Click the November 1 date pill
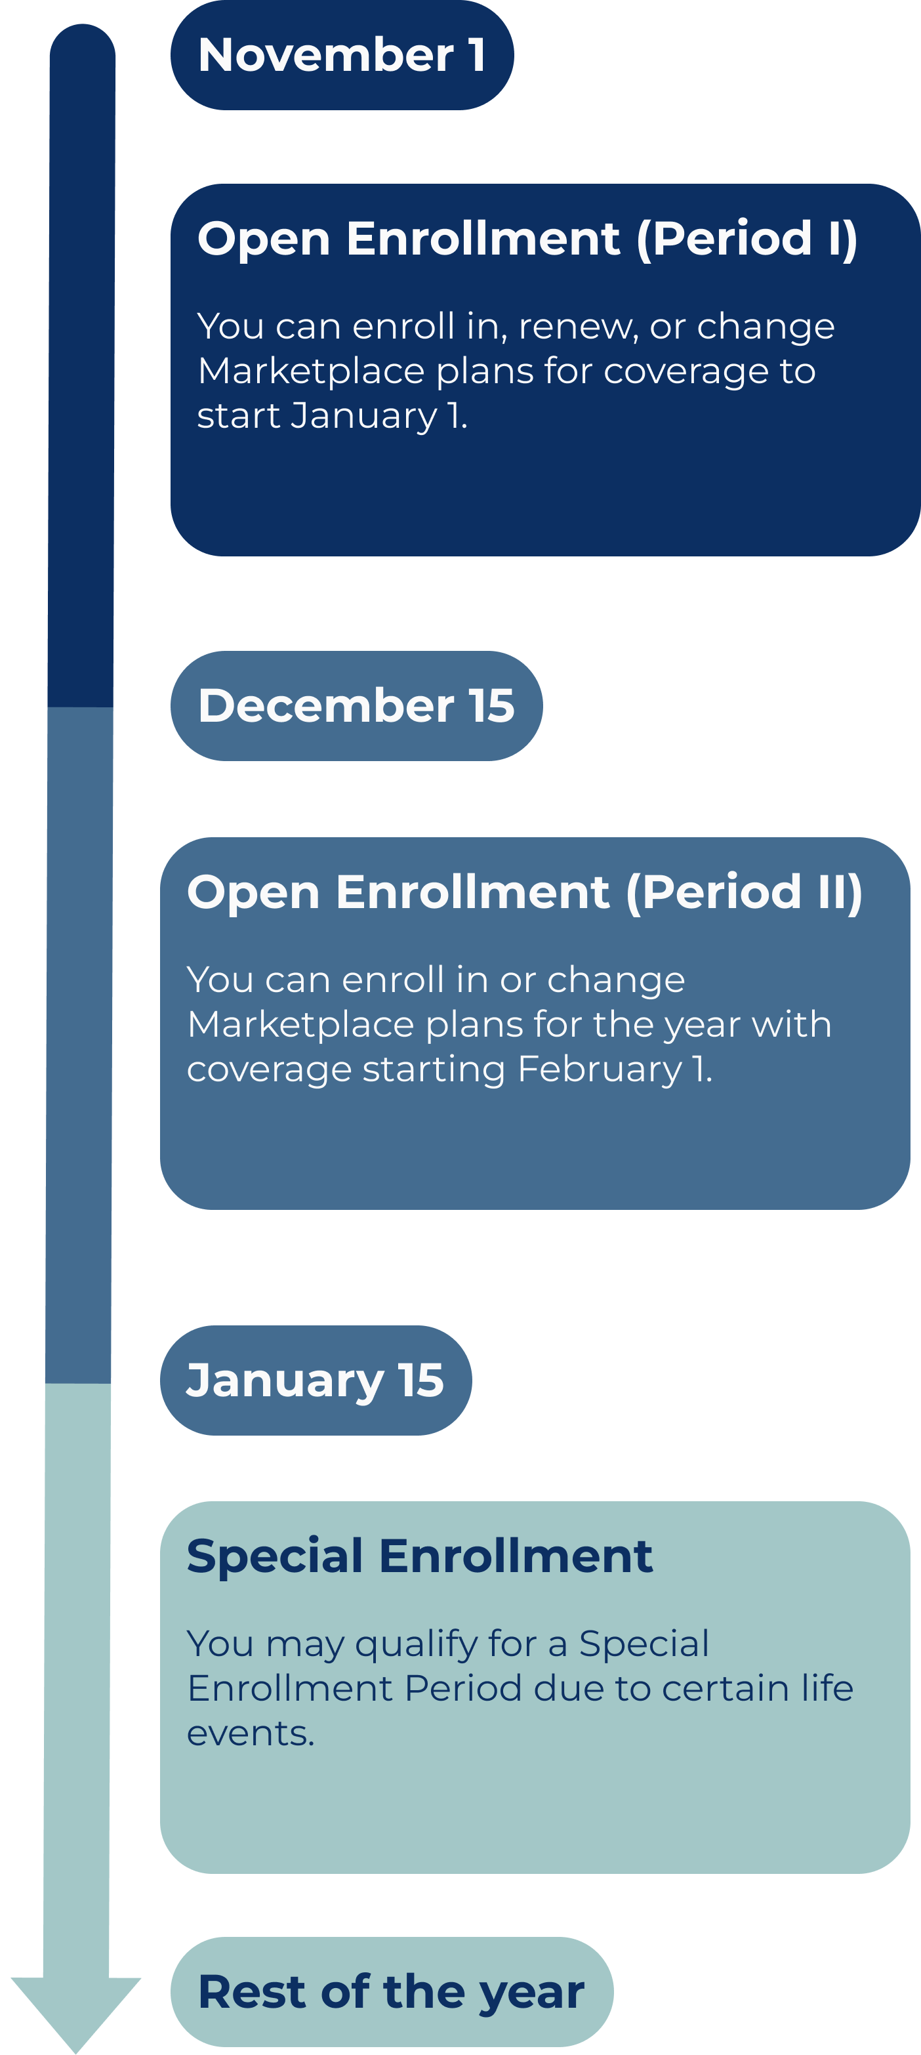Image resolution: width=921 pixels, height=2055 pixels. point(342,55)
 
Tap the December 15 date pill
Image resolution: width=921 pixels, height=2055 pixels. point(356,706)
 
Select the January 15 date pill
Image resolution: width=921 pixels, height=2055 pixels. point(316,1380)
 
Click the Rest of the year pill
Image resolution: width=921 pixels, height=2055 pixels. point(392,1991)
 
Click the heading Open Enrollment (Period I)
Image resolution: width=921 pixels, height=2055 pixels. point(527,239)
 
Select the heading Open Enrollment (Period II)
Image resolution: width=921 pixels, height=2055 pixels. point(525,892)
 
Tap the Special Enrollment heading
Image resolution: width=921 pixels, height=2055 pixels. point(419,1556)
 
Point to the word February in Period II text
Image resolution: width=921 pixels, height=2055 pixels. point(600,1069)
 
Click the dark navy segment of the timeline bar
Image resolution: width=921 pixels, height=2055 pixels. point(81,365)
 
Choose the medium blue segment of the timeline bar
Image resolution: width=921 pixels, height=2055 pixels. point(79,1045)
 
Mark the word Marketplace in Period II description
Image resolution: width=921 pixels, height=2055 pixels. point(300,1025)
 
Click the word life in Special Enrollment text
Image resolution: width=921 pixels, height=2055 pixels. point(828,1689)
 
